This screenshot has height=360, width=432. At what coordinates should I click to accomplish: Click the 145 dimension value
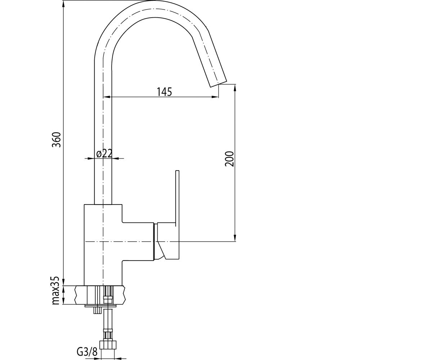point(164,92)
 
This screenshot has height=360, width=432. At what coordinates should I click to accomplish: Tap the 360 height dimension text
point(56,140)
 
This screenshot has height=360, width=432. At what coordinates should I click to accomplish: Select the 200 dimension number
point(229,159)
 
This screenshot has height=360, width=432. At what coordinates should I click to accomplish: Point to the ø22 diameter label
point(104,153)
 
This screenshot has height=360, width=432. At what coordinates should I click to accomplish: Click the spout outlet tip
point(219,84)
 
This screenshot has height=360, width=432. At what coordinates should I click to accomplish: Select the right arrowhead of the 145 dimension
point(215,96)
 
